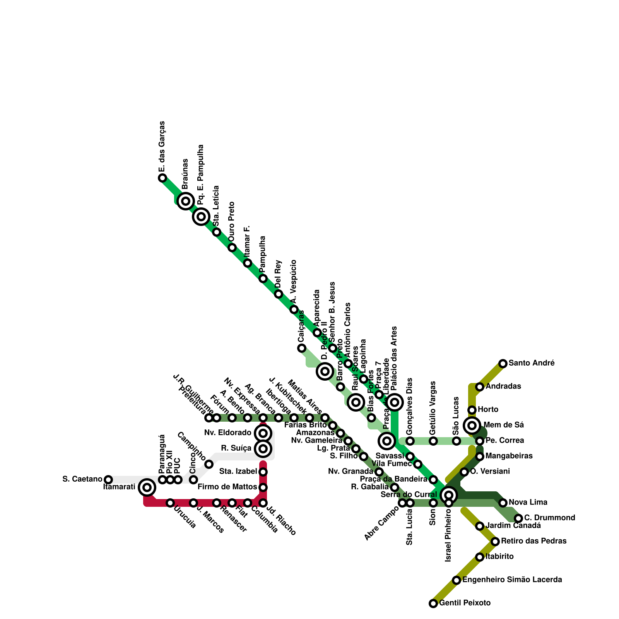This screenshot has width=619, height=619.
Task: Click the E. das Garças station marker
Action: (x=162, y=178)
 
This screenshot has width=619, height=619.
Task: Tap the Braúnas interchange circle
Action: (x=186, y=201)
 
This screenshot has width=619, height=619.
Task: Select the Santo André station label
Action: (x=532, y=363)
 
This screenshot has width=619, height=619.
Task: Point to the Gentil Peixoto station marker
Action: (x=433, y=604)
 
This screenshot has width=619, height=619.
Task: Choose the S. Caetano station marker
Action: (x=108, y=480)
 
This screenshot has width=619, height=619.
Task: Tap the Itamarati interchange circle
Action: (x=147, y=487)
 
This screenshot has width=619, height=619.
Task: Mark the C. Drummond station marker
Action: (x=518, y=518)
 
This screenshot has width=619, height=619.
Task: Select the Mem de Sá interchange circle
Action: (x=472, y=426)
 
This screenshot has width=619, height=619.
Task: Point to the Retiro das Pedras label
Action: (x=534, y=541)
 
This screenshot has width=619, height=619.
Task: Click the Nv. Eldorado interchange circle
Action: (x=263, y=433)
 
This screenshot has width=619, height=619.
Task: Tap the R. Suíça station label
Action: (x=236, y=448)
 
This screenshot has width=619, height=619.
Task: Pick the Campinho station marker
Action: (x=209, y=464)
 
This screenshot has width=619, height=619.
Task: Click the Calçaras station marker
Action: (x=302, y=348)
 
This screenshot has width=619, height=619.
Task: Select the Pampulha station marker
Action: (x=263, y=279)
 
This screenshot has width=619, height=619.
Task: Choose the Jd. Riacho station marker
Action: (x=263, y=503)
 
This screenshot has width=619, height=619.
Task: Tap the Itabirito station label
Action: (x=499, y=557)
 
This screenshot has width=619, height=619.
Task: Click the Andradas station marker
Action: (x=480, y=387)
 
